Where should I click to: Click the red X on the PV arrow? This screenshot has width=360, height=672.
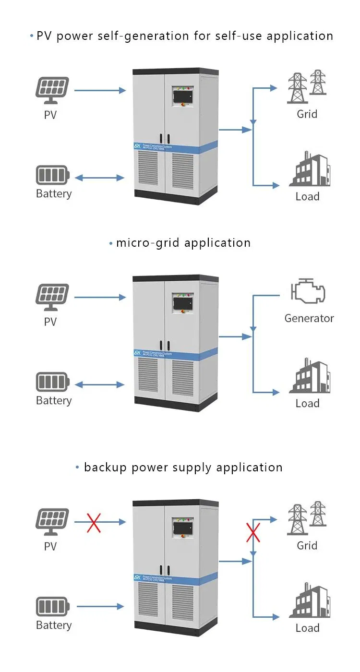94,522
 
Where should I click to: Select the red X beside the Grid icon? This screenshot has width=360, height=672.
253,532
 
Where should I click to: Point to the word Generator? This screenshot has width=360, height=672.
309,318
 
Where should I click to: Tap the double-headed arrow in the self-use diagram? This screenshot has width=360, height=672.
99,178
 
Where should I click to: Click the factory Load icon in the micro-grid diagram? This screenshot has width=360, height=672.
310,376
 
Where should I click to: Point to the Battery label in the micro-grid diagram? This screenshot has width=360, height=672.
53,401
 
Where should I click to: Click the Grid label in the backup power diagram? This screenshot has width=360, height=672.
307,545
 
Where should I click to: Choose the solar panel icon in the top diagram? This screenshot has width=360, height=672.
52,90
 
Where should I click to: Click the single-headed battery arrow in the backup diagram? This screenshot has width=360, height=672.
99,607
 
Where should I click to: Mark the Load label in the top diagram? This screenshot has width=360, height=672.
307,196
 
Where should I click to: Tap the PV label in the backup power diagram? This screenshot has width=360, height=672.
50,546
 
